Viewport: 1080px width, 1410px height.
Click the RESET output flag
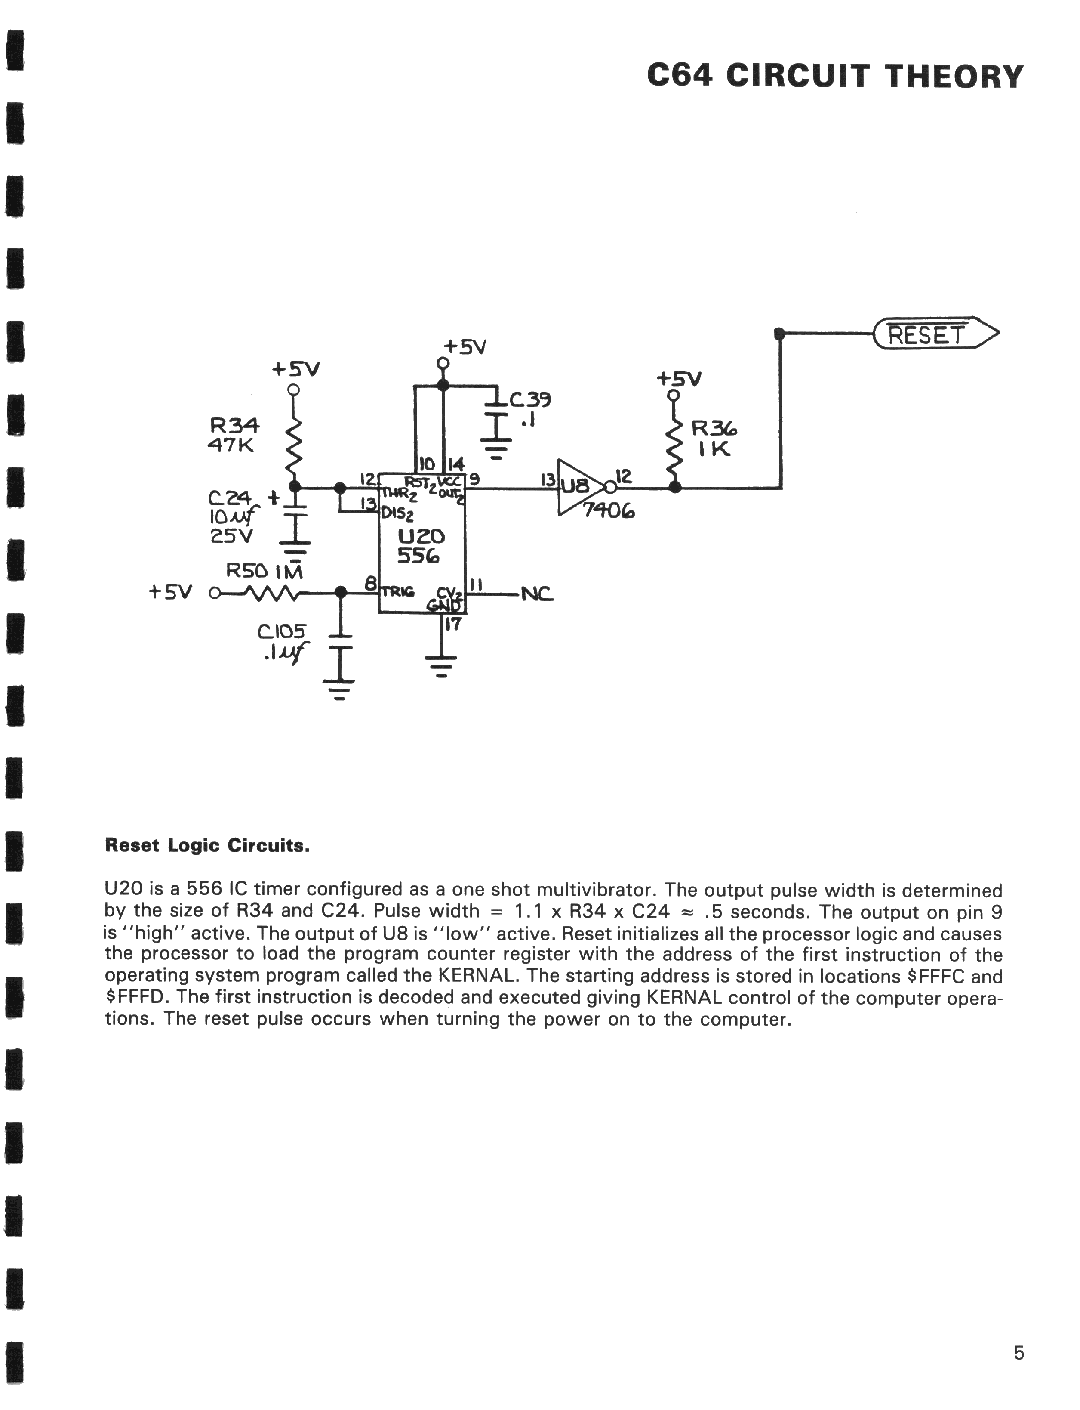click(935, 333)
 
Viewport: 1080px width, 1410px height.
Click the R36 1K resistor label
click(714, 438)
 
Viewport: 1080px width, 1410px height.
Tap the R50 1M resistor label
click(264, 571)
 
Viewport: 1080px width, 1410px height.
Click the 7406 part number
click(608, 511)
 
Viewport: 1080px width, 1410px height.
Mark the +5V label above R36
click(679, 378)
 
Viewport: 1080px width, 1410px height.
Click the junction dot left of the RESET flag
click(780, 333)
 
